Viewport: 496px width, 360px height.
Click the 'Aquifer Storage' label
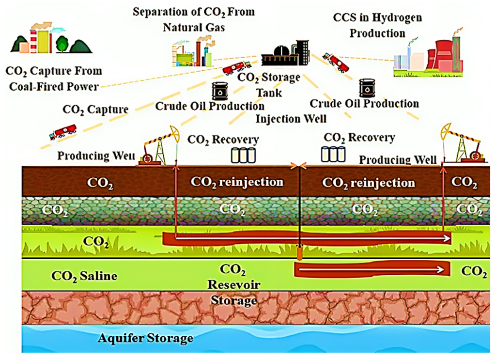146,338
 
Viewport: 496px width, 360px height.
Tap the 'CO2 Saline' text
84,276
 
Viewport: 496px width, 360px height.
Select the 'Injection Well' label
291,118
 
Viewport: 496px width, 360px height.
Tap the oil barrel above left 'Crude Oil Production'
219,91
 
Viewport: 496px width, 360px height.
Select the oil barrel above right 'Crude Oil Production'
367,88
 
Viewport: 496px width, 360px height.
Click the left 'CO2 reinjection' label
236,182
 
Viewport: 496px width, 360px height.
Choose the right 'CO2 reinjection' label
369,183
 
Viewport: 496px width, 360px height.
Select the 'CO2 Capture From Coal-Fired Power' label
54,79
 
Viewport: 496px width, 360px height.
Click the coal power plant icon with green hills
51,39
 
